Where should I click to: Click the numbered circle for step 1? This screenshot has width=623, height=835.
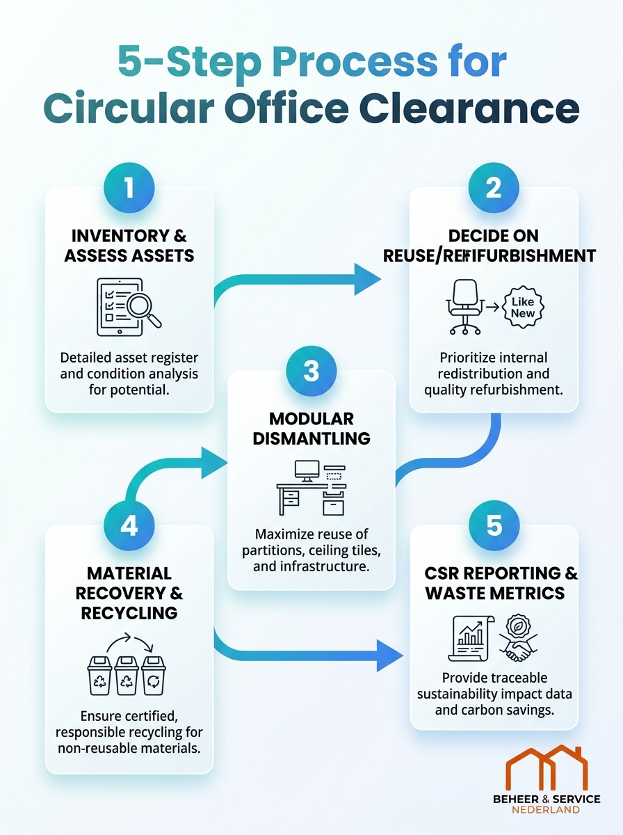coord(129,187)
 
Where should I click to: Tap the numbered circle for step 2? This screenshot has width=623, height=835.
coord(494,187)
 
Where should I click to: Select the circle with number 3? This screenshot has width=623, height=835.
coord(311,371)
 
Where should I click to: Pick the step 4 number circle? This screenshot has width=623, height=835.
coord(129,525)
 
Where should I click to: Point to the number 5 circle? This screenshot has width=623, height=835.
coord(494,525)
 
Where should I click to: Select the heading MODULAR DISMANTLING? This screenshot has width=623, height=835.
coord(311,429)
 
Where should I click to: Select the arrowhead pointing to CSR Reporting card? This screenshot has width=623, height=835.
coord(389,654)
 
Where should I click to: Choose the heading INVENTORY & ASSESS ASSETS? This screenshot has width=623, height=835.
coord(129,246)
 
